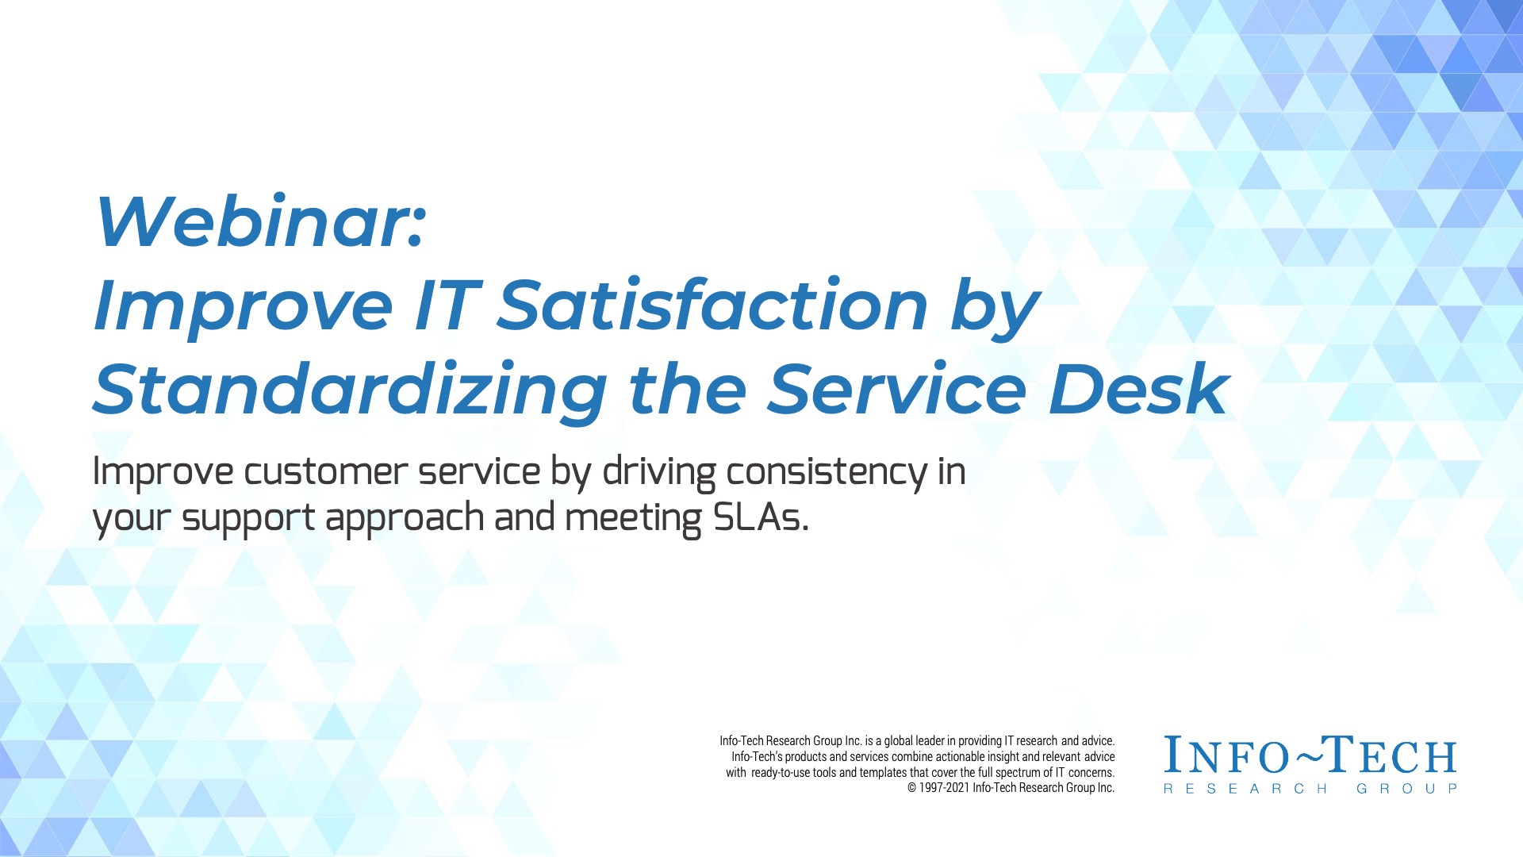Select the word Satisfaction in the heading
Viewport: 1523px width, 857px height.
coord(712,305)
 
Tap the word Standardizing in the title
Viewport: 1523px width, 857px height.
coord(350,390)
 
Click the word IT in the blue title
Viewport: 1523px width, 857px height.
coord(446,306)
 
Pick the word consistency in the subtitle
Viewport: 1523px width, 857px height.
coord(827,473)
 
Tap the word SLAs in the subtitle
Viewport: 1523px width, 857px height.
coord(760,517)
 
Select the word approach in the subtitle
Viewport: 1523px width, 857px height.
coord(405,520)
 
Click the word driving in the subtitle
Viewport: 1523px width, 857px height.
coord(659,473)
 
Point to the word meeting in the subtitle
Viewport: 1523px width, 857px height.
coord(633,520)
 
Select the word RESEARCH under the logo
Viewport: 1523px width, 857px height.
coord(1245,789)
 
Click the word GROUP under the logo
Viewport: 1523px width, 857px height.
coord(1406,789)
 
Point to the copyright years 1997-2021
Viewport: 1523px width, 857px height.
coord(944,788)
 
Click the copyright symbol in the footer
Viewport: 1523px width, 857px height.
coord(911,788)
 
